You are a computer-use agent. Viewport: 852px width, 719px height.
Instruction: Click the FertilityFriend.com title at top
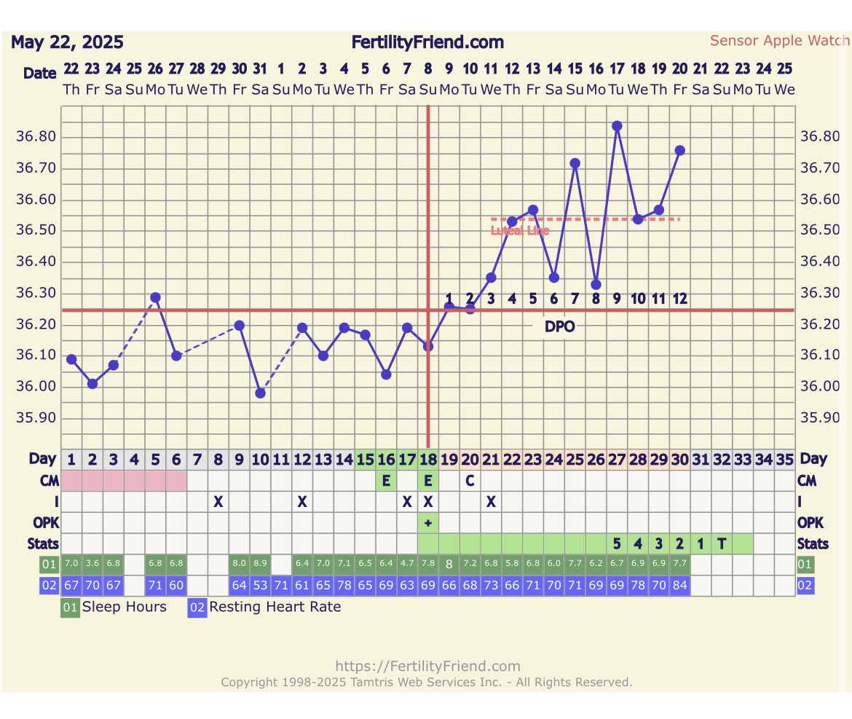pos(427,42)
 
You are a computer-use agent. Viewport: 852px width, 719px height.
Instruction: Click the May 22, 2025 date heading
pos(67,42)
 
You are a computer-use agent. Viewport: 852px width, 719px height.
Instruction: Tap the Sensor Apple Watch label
pos(779,41)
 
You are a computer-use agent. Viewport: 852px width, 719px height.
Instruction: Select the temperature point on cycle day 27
pos(617,126)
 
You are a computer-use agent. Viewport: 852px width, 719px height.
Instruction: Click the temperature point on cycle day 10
pos(260,393)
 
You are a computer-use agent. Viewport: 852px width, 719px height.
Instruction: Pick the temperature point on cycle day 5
pos(155,297)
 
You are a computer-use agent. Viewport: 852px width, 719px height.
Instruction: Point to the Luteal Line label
pos(520,231)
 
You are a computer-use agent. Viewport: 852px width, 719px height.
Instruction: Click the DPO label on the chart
pos(559,326)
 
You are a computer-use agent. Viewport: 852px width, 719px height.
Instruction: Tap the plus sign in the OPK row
pos(428,523)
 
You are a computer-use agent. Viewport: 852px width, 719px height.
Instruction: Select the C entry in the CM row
pos(470,481)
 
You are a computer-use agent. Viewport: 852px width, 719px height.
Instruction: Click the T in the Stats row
pos(722,543)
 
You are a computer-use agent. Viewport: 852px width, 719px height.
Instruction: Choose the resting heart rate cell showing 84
pos(679,585)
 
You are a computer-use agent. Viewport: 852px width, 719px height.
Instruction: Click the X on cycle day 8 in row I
pos(218,501)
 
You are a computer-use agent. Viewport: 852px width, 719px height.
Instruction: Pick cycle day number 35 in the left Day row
pos(784,460)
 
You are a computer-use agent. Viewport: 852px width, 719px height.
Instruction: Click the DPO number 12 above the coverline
pos(679,299)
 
